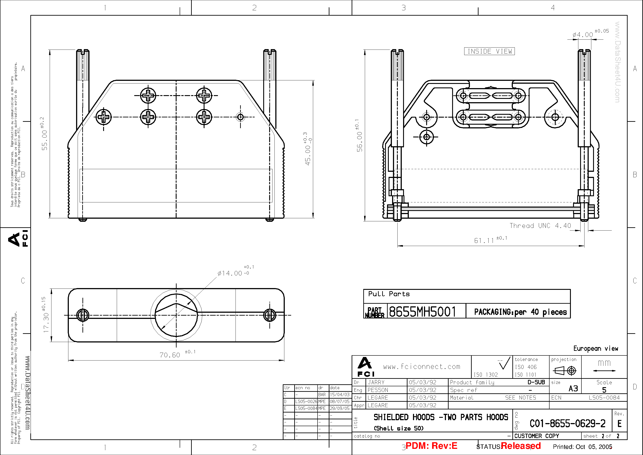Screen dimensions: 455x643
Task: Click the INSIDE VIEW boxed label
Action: click(489, 51)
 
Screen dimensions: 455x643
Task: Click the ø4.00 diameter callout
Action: click(583, 35)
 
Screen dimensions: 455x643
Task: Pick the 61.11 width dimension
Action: click(484, 240)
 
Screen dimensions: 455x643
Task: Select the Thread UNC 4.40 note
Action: click(540, 226)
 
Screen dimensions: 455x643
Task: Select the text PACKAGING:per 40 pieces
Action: click(520, 312)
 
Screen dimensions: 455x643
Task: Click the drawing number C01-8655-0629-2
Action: click(567, 424)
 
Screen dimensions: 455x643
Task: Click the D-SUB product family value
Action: click(536, 382)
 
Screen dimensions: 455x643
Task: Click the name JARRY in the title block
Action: click(376, 382)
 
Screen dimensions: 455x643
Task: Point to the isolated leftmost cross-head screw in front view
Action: click(104, 117)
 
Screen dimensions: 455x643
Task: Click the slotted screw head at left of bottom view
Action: click(83, 315)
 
